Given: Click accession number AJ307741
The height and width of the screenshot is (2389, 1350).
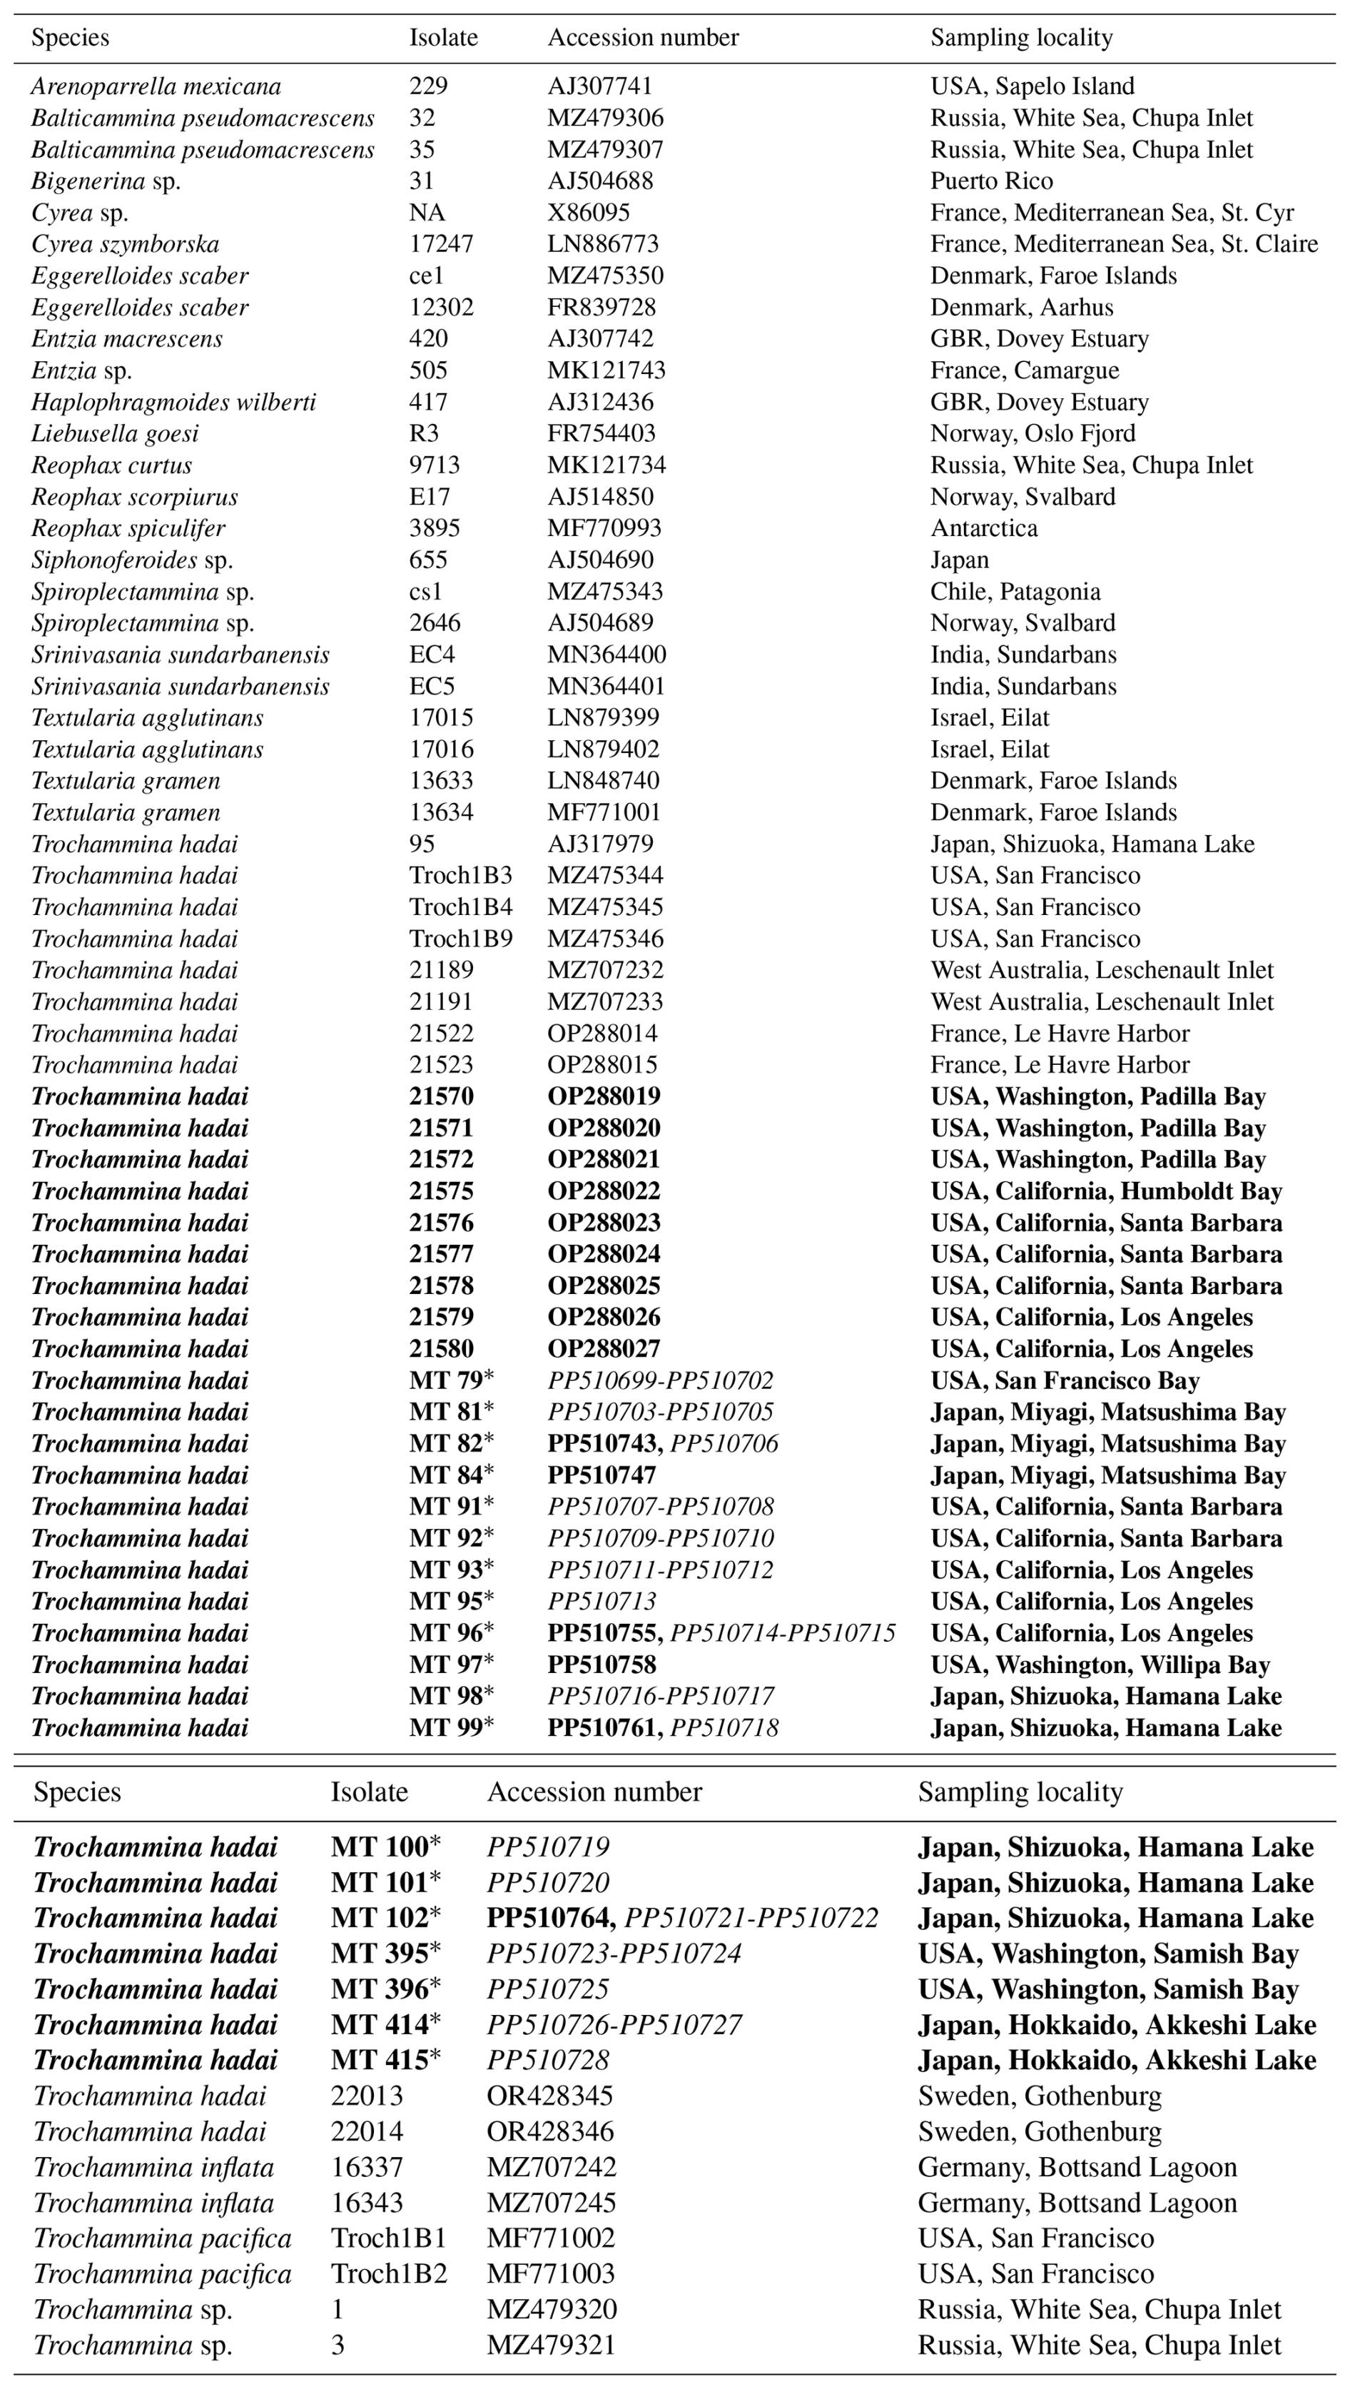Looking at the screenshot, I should pyautogui.click(x=600, y=86).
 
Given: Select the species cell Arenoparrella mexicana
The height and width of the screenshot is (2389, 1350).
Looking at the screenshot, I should pyautogui.click(x=156, y=86).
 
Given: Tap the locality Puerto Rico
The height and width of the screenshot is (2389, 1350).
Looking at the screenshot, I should pyautogui.click(x=991, y=181).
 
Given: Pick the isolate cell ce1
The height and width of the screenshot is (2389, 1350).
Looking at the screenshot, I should pyautogui.click(x=427, y=276).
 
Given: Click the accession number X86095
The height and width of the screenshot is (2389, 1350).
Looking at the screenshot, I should pyautogui.click(x=589, y=213).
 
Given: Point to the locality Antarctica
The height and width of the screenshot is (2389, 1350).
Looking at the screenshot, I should pyautogui.click(x=984, y=527).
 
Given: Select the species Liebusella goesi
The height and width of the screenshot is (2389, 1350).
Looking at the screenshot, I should pyautogui.click(x=115, y=433).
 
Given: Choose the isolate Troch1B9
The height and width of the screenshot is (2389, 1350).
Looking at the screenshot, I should pyautogui.click(x=461, y=939).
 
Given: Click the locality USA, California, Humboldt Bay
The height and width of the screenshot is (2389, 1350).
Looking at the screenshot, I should pyautogui.click(x=1106, y=1191).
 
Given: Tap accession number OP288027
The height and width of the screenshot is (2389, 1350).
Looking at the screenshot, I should pyautogui.click(x=604, y=1348).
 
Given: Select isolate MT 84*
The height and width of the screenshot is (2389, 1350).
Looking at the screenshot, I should pyautogui.click(x=452, y=1475).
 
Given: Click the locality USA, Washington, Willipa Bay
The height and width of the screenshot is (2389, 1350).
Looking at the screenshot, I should pyautogui.click(x=1100, y=1665).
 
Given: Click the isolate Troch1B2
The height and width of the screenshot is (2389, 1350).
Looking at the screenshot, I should pyautogui.click(x=388, y=2275).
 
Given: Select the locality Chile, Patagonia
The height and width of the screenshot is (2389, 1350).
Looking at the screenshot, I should pyautogui.click(x=1015, y=592).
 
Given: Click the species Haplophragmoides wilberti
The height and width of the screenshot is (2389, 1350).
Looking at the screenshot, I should pyautogui.click(x=173, y=402).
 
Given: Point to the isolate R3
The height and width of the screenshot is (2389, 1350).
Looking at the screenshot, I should pyautogui.click(x=424, y=433).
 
